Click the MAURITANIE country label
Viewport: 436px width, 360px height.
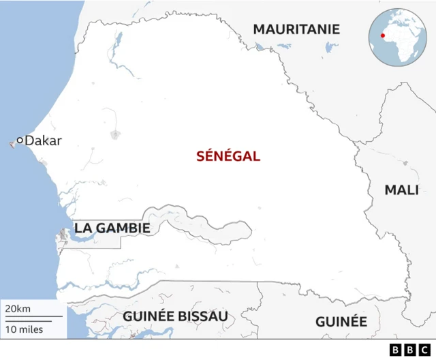(296, 29)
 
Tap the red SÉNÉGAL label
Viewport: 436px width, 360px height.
(228, 156)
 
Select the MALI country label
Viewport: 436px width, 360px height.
(402, 190)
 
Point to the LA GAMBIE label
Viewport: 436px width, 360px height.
(112, 228)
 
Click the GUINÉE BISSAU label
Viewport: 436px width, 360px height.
(175, 316)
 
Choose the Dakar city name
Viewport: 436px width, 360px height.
(43, 140)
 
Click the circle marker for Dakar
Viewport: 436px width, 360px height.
(20, 140)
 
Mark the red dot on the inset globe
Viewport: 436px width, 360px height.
(383, 35)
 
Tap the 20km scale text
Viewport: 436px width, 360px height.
(18, 310)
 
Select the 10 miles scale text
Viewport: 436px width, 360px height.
(24, 330)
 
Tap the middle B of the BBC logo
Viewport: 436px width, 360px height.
(409, 350)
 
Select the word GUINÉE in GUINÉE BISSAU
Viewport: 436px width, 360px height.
(146, 316)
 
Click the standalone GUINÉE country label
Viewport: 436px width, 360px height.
(341, 322)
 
